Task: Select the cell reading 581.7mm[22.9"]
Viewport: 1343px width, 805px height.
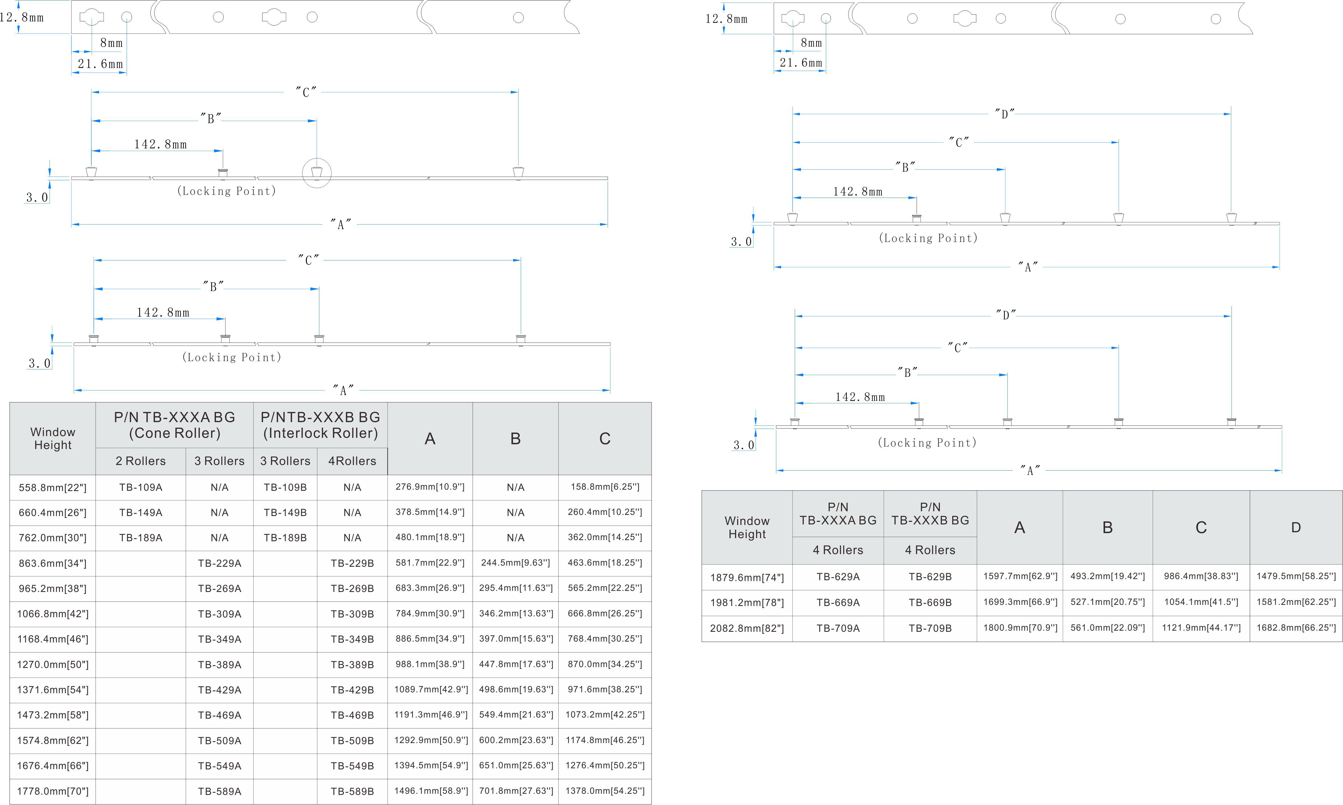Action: pyautogui.click(x=430, y=563)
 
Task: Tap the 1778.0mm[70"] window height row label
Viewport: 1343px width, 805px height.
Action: pyautogui.click(x=53, y=791)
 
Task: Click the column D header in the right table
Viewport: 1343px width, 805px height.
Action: pyautogui.click(x=1296, y=527)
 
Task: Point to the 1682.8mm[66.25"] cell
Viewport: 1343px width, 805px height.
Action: pyautogui.click(x=1296, y=628)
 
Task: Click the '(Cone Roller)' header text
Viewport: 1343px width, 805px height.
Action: pyautogui.click(x=175, y=433)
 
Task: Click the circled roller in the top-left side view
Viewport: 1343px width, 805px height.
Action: pyautogui.click(x=317, y=172)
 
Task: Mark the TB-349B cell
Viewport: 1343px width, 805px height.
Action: pyautogui.click(x=352, y=639)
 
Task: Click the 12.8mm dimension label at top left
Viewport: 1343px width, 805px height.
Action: pyautogui.click(x=22, y=17)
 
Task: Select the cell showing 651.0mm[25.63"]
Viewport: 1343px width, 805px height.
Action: pyautogui.click(x=516, y=765)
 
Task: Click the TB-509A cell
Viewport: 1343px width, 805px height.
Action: pyautogui.click(x=220, y=741)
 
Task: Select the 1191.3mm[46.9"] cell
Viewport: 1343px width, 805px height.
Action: pyautogui.click(x=430, y=714)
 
